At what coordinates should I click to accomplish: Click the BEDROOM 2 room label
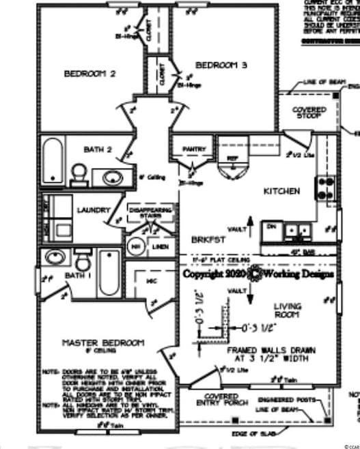pos(89,74)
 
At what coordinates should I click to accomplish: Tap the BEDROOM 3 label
pos(221,66)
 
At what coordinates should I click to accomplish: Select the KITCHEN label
pos(281,192)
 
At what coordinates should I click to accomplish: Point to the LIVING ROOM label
pos(288,310)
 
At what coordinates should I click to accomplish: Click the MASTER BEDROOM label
pos(103,342)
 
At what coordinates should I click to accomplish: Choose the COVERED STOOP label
pos(309,113)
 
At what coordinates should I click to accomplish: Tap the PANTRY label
pos(194,149)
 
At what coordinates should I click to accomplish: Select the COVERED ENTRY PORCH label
pos(222,400)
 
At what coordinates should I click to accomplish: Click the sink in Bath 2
pos(111,177)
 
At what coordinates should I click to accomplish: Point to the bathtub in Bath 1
pos(109,272)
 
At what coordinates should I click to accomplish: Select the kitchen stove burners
pos(326,188)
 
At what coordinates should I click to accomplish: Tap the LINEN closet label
pos(160,246)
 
